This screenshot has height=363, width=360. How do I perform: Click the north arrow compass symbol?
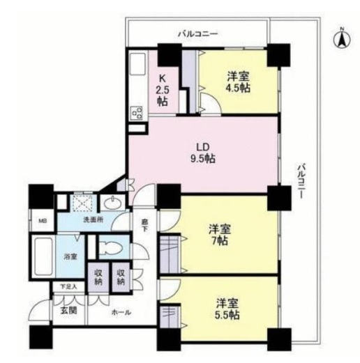pyautogui.click(x=342, y=39)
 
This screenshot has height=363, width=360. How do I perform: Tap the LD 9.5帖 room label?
pyautogui.click(x=203, y=153)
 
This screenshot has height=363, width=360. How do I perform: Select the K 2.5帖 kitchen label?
pyautogui.click(x=163, y=90)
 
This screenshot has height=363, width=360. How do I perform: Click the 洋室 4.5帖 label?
pyautogui.click(x=239, y=82)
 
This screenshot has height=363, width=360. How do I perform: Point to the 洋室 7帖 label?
pyautogui.click(x=220, y=235)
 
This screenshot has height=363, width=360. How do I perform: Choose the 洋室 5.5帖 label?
pyautogui.click(x=227, y=309)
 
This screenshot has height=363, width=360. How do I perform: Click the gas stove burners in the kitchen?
pyautogui.click(x=136, y=113)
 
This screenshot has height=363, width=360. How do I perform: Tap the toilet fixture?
pyautogui.click(x=112, y=247)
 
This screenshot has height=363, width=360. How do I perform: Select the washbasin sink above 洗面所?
pyautogui.click(x=113, y=203)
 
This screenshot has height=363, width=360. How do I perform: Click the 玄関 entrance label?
pyautogui.click(x=69, y=311)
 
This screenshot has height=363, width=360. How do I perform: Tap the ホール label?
pyautogui.click(x=121, y=313)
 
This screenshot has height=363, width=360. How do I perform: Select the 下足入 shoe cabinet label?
pyautogui.click(x=68, y=287)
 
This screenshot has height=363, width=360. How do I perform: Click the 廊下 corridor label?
pyautogui.click(x=144, y=225)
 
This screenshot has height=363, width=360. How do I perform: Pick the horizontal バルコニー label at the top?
pyautogui.click(x=198, y=34)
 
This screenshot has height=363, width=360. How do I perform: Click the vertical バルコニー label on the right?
pyautogui.click(x=301, y=181)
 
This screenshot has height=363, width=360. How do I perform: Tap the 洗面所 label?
pyautogui.click(x=93, y=219)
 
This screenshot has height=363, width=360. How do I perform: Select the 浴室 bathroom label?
pyautogui.click(x=70, y=257)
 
